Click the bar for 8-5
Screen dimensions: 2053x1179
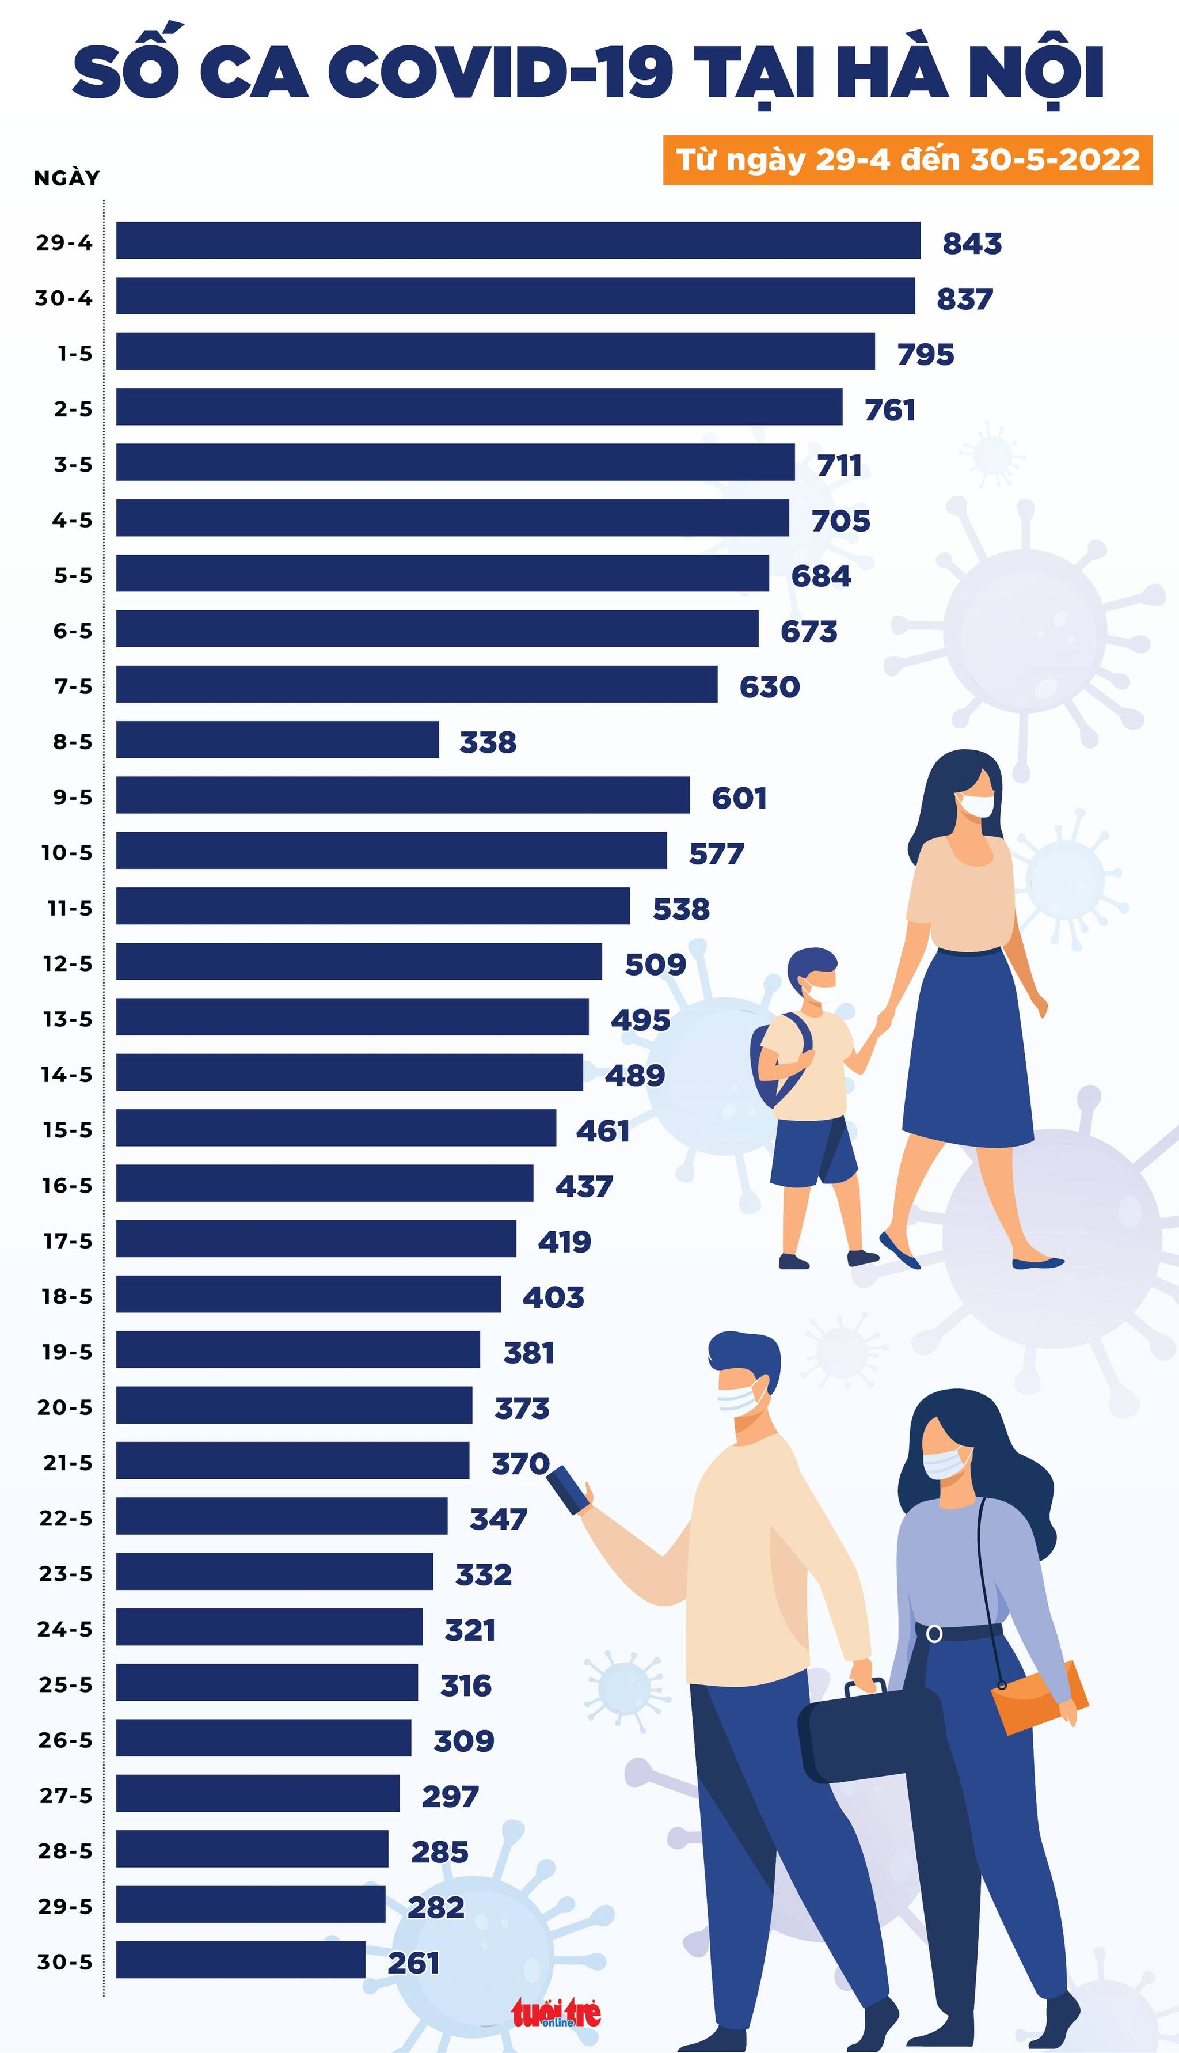[277, 739]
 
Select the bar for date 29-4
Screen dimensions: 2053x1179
[518, 241]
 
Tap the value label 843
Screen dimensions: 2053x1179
[972, 243]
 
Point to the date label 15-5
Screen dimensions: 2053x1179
[67, 1130]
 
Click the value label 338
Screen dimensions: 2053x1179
[488, 742]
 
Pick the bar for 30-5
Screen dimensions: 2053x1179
[241, 1959]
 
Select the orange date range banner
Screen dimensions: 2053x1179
[907, 160]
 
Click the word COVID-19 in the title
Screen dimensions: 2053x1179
[500, 73]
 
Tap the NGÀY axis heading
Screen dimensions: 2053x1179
[66, 178]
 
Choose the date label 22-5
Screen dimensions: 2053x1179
[66, 1517]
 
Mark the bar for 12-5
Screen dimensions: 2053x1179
[359, 961]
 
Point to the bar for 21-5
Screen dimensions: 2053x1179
[292, 1460]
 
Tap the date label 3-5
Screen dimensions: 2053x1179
[73, 464]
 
